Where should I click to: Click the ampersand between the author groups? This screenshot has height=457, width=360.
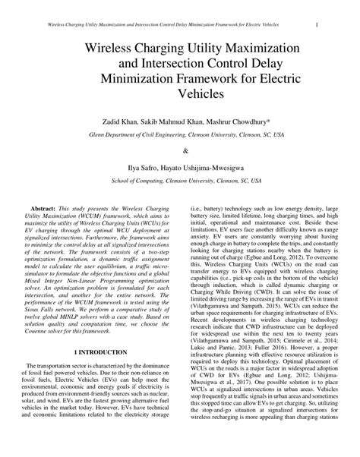180,150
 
